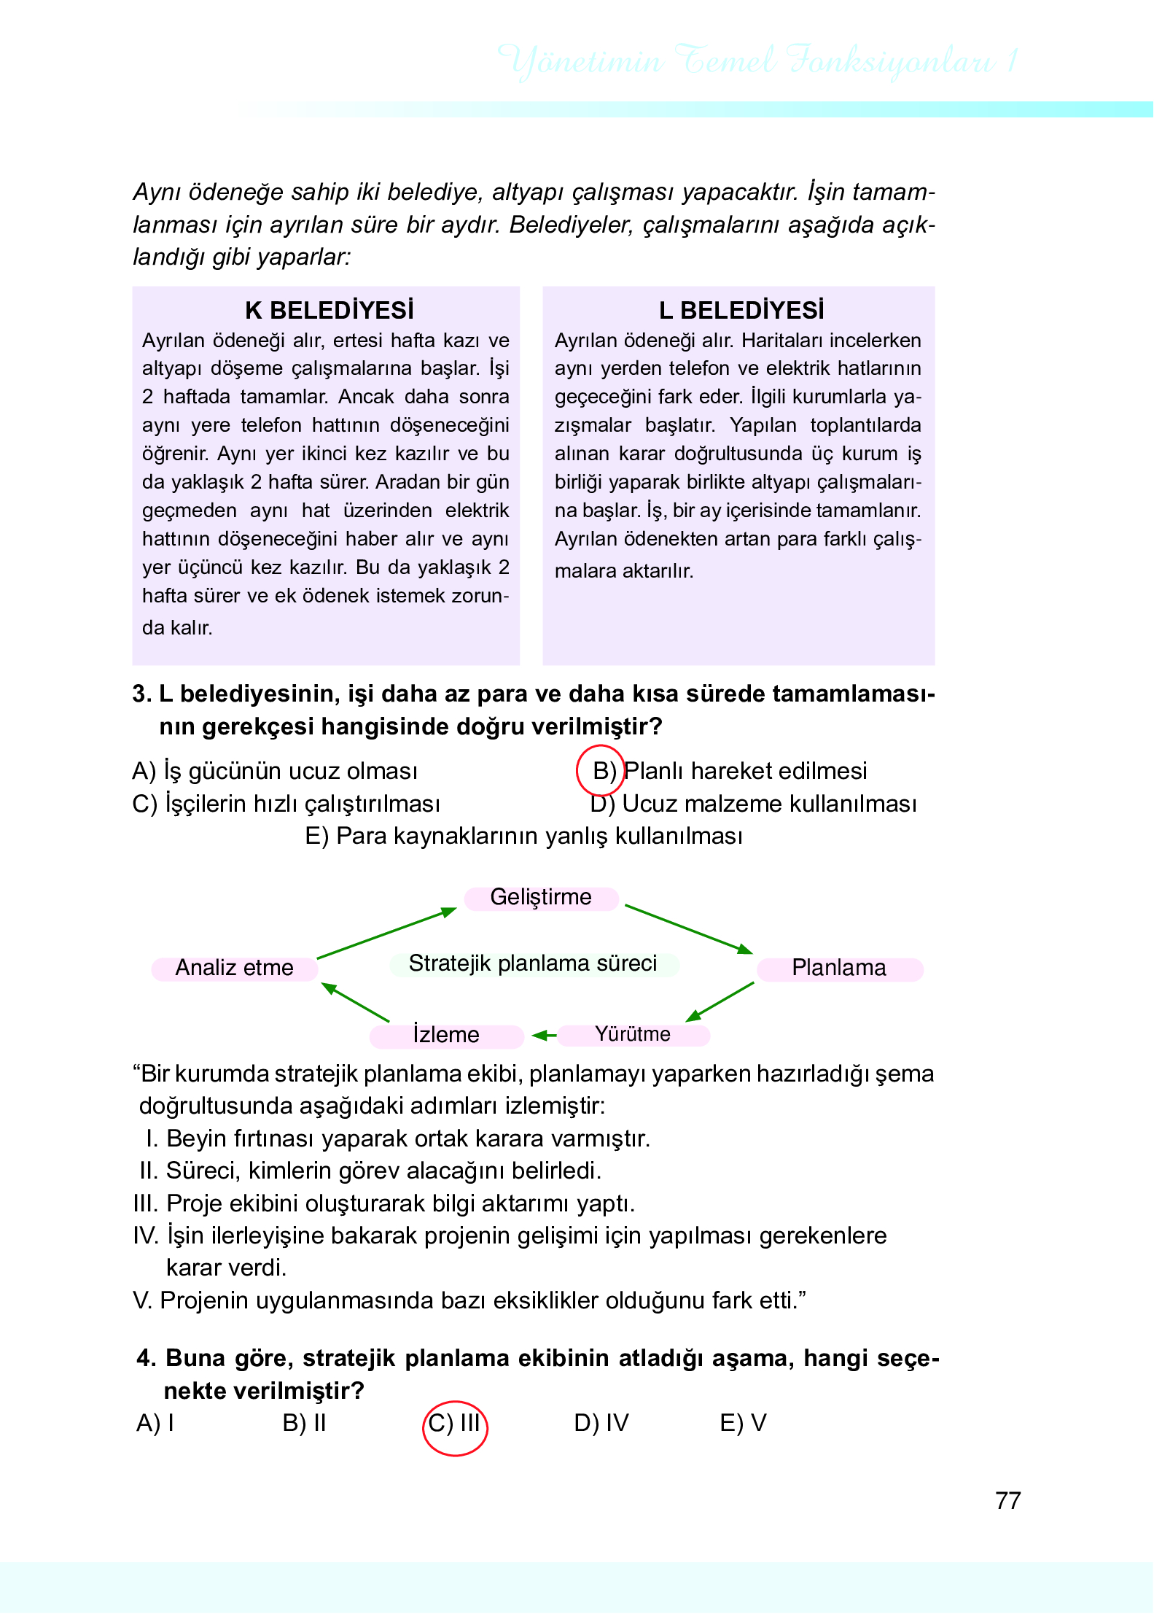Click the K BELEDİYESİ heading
[329, 310]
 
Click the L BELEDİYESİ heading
[741, 310]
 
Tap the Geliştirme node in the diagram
[541, 897]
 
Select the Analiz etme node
[234, 968]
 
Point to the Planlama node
[839, 968]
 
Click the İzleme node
[446, 1035]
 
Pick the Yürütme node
[633, 1034]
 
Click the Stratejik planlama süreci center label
[533, 963]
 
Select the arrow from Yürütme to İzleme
[544, 1035]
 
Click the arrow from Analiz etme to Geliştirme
[386, 933]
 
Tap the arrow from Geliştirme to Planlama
[689, 929]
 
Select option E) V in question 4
[743, 1423]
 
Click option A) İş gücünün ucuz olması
[275, 771]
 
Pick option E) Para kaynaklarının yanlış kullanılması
[523, 836]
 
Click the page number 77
[1007, 1501]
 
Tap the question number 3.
[141, 694]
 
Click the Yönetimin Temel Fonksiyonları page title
[758, 61]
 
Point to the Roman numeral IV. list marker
[145, 1235]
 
